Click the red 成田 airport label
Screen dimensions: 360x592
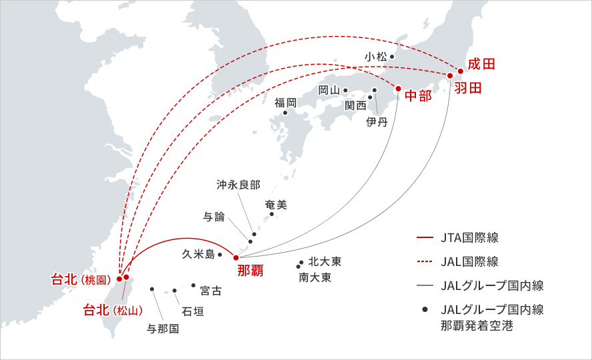(481, 65)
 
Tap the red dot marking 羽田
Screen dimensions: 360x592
(450, 75)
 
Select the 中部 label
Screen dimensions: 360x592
(419, 95)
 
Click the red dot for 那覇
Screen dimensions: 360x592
(236, 257)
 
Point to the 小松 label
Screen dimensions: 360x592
(375, 57)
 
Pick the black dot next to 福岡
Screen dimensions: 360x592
(285, 113)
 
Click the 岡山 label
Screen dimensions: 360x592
(329, 90)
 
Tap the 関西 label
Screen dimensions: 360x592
(355, 105)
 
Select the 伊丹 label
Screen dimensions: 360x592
(377, 122)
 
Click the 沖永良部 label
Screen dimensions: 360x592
(238, 184)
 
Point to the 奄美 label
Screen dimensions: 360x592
(276, 205)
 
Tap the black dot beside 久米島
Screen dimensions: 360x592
(219, 254)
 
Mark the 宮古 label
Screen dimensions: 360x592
(211, 291)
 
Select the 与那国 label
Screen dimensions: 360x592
(163, 327)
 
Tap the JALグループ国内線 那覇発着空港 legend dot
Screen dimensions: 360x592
(424, 310)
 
